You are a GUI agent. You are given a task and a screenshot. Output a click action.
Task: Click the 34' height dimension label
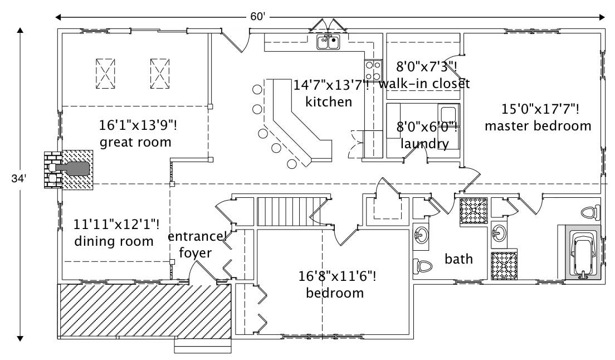(18, 179)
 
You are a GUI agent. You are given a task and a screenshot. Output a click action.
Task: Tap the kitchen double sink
(328, 42)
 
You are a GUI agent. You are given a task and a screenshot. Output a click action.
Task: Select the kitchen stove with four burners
(373, 71)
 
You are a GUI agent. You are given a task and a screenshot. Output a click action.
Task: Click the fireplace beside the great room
(68, 169)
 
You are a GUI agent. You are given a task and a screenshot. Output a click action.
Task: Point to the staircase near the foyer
(290, 210)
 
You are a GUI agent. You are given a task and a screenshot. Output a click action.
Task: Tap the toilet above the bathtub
(589, 212)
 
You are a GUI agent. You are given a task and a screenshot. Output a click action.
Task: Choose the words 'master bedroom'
(538, 126)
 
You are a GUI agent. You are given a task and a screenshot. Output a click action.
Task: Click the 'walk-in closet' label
(424, 84)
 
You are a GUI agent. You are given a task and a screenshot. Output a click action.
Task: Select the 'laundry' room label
(424, 144)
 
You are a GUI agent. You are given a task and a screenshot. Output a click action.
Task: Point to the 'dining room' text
(114, 241)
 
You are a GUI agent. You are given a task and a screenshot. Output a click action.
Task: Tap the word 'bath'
(458, 259)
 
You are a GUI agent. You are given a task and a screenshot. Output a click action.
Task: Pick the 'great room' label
(135, 142)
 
